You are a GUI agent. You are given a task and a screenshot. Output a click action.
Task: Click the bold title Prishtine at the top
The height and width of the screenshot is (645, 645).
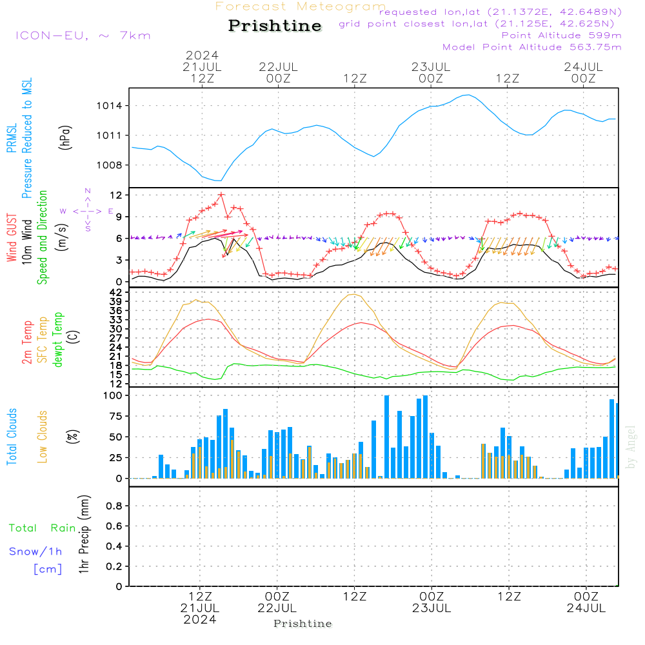click(x=275, y=26)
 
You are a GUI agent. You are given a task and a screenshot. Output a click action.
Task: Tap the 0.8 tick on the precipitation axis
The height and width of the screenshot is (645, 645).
click(x=114, y=506)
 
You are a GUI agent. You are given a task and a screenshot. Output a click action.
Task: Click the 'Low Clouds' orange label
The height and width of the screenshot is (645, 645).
click(x=43, y=436)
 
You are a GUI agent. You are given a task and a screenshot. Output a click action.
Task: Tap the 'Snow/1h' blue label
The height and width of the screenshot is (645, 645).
click(x=36, y=551)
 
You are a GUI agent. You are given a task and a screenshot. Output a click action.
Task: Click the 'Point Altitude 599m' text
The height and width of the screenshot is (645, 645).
click(x=561, y=35)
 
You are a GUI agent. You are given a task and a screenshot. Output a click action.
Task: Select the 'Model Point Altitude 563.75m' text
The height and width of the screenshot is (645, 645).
click(x=532, y=46)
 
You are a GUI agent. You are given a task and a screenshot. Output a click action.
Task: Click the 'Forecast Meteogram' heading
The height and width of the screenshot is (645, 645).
click(x=301, y=6)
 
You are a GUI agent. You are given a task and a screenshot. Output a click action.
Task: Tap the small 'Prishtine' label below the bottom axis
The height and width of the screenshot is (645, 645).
click(x=303, y=623)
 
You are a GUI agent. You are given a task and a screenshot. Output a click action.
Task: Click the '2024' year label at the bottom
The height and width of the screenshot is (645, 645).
click(x=200, y=619)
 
